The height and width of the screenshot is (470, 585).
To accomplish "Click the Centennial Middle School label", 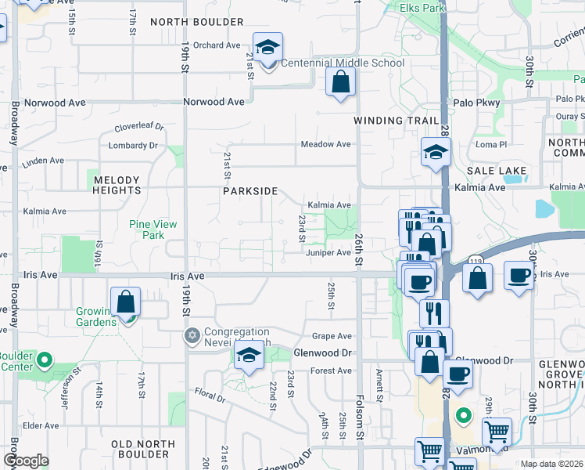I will [342, 63].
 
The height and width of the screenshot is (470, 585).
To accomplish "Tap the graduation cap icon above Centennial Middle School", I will [267, 46].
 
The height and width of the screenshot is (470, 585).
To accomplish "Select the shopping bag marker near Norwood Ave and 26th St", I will [340, 81].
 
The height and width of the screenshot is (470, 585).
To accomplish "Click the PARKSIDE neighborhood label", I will [250, 191].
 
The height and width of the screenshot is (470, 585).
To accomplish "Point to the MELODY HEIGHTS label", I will [117, 185].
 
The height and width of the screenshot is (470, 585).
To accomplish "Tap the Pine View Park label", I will [153, 230].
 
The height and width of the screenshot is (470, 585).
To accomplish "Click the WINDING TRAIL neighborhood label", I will [391, 121].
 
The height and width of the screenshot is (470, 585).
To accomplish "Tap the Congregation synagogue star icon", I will [192, 336].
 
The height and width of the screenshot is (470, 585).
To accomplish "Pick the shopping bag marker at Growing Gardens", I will [125, 303].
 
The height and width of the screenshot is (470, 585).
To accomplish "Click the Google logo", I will [26, 461].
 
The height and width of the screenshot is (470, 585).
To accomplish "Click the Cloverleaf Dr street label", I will [138, 126].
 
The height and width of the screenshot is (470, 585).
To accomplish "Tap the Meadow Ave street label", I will [327, 144].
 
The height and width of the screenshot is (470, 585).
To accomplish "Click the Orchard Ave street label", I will [217, 45].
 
